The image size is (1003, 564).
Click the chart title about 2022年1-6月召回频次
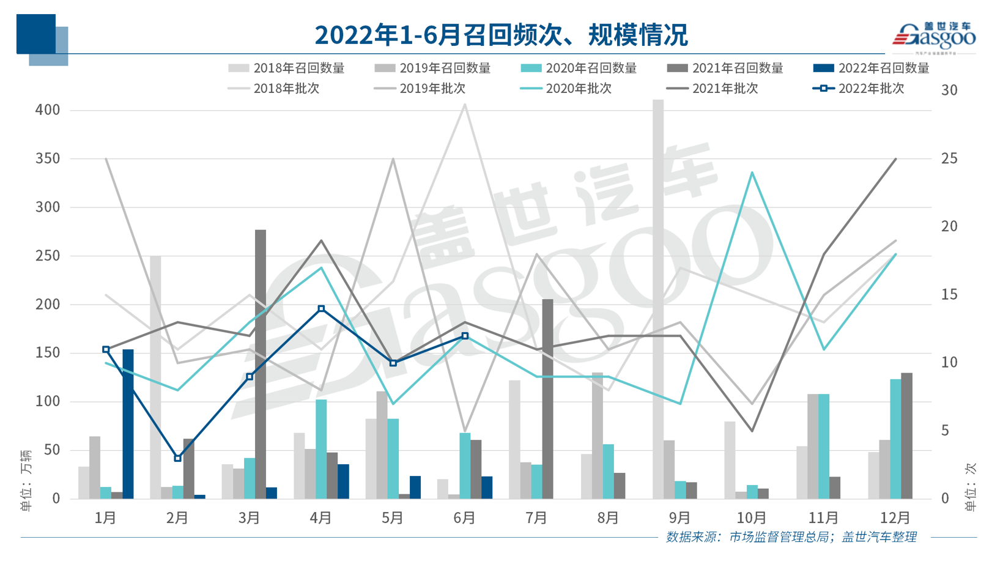[x=501, y=35]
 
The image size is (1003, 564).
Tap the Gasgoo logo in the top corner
[x=934, y=37]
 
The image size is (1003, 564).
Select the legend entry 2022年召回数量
[x=872, y=68]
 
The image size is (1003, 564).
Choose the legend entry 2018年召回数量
[x=286, y=68]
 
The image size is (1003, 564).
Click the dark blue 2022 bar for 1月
[x=128, y=424]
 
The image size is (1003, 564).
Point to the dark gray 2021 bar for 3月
[x=261, y=364]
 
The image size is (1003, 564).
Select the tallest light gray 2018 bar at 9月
[x=658, y=300]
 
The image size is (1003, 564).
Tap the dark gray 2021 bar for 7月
[x=547, y=399]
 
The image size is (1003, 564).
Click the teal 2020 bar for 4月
[x=321, y=449]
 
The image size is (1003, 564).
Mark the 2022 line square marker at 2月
[x=178, y=458]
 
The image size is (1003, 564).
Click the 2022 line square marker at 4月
[x=322, y=309]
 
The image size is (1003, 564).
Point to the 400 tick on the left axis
[x=48, y=110]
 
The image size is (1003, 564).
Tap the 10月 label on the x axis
[x=751, y=518]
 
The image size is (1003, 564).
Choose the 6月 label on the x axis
[x=465, y=518]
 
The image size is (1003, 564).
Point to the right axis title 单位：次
[x=971, y=486]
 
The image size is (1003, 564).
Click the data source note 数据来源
[x=791, y=537]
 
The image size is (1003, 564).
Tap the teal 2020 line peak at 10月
[x=752, y=173]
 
